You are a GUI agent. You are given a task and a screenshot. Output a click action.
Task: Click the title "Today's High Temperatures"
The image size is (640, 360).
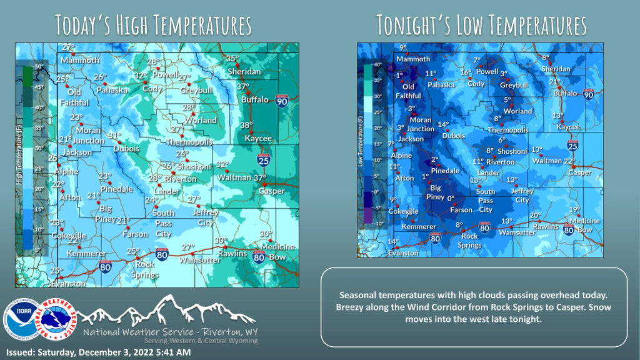[x=153, y=25]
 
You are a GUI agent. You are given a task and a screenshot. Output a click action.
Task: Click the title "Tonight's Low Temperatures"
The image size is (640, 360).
[x=481, y=25]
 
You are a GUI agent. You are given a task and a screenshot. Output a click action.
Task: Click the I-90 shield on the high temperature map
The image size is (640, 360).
[x=282, y=101]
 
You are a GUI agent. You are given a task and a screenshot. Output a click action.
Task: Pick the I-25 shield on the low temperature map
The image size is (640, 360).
[x=572, y=145]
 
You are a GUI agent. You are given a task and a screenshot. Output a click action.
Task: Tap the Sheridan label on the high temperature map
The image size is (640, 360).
[x=244, y=72]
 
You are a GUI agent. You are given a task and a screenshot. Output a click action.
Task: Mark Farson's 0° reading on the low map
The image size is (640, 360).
[x=449, y=198]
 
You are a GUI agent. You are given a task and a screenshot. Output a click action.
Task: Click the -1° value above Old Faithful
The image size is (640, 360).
[x=399, y=76]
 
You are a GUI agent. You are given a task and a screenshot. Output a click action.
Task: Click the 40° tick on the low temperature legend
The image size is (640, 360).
[x=377, y=64]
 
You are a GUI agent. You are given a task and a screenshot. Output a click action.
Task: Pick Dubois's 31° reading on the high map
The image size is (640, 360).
[x=114, y=136]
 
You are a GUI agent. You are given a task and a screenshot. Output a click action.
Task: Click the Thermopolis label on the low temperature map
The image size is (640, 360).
[x=508, y=129]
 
